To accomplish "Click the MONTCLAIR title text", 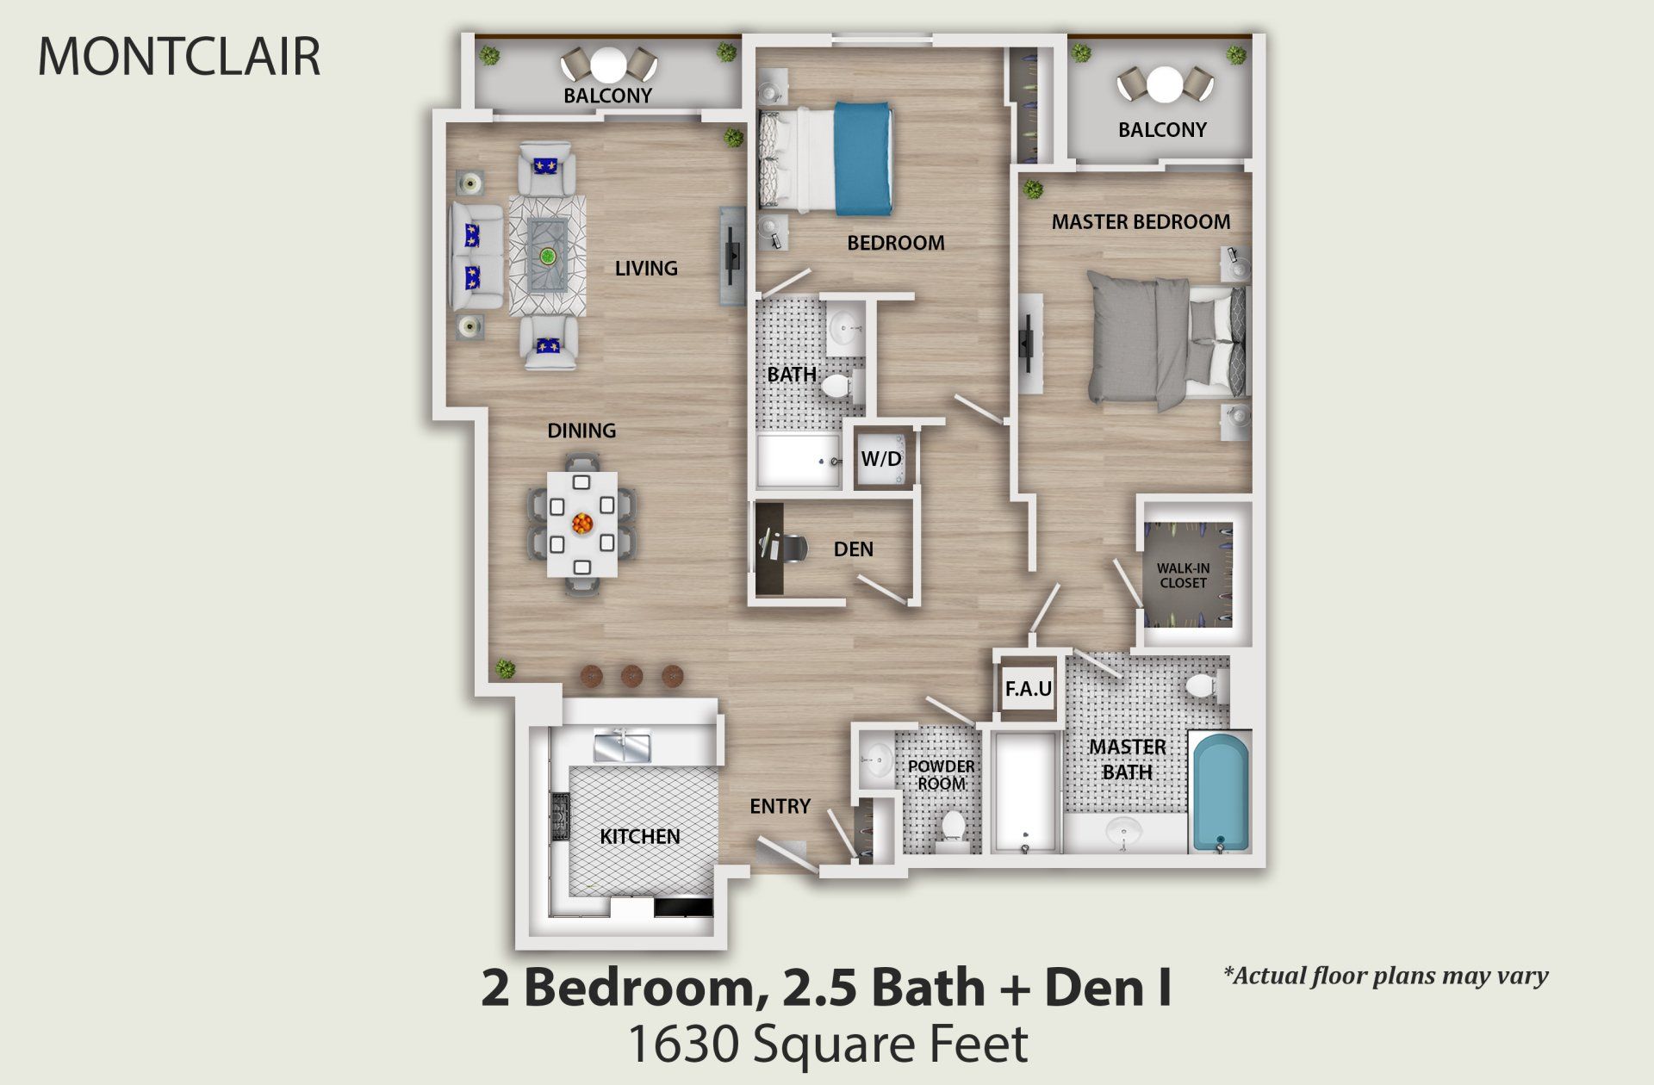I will tap(179, 56).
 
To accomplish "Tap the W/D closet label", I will tap(880, 459).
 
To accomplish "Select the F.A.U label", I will tap(1028, 689).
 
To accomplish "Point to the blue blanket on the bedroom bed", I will tap(862, 158).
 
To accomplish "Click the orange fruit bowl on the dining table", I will tap(582, 523).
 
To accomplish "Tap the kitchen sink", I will tap(621, 746).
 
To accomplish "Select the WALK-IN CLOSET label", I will tap(1183, 575).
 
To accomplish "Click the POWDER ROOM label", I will tap(941, 775).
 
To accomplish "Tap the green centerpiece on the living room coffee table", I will tap(547, 256).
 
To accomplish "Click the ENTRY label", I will tap(780, 806).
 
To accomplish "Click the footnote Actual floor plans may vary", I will tap(1385, 976).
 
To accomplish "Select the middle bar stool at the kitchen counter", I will tap(631, 676).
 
